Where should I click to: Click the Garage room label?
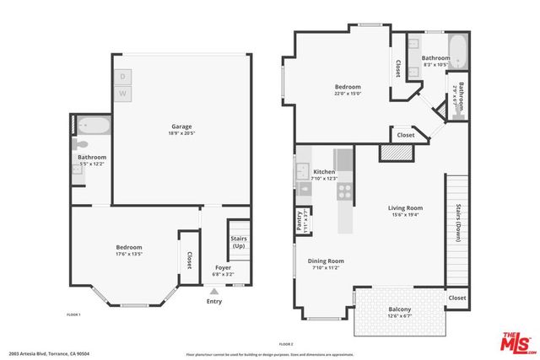pos(181,126)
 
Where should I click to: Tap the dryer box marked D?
pos(122,75)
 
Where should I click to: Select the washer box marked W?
pos(122,92)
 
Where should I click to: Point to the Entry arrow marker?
pos(213,290)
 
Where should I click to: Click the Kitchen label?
pos(324,172)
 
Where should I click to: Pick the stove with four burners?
pos(344,191)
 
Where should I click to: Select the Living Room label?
pos(405,207)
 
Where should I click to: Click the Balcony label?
pos(400,309)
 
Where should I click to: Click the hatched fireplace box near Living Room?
pos(393,152)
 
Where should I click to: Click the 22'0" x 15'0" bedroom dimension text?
pos(348,94)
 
